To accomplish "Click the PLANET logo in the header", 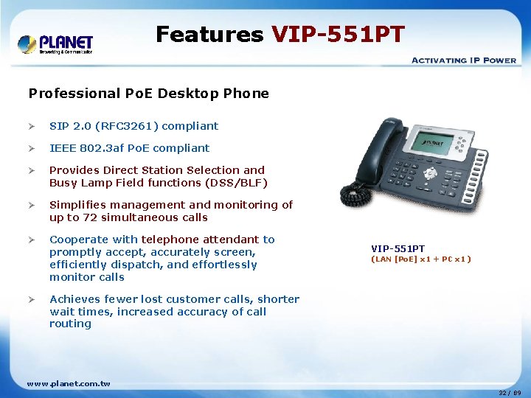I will pos(55,43).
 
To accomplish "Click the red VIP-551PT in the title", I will pos(338,34).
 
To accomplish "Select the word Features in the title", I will pos(209,34).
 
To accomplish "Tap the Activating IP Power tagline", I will pos(463,60).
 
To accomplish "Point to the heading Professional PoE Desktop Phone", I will pos(148,94).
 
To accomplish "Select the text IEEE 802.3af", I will pos(83,148).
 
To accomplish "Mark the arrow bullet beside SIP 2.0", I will pos(32,126).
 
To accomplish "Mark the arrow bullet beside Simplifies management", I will pos(32,205).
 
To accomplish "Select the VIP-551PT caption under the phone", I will pos(398,249).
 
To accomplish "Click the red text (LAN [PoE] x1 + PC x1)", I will pos(420,259).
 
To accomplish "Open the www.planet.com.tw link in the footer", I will pos(69,383).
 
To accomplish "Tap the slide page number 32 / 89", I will pos(510,393).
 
